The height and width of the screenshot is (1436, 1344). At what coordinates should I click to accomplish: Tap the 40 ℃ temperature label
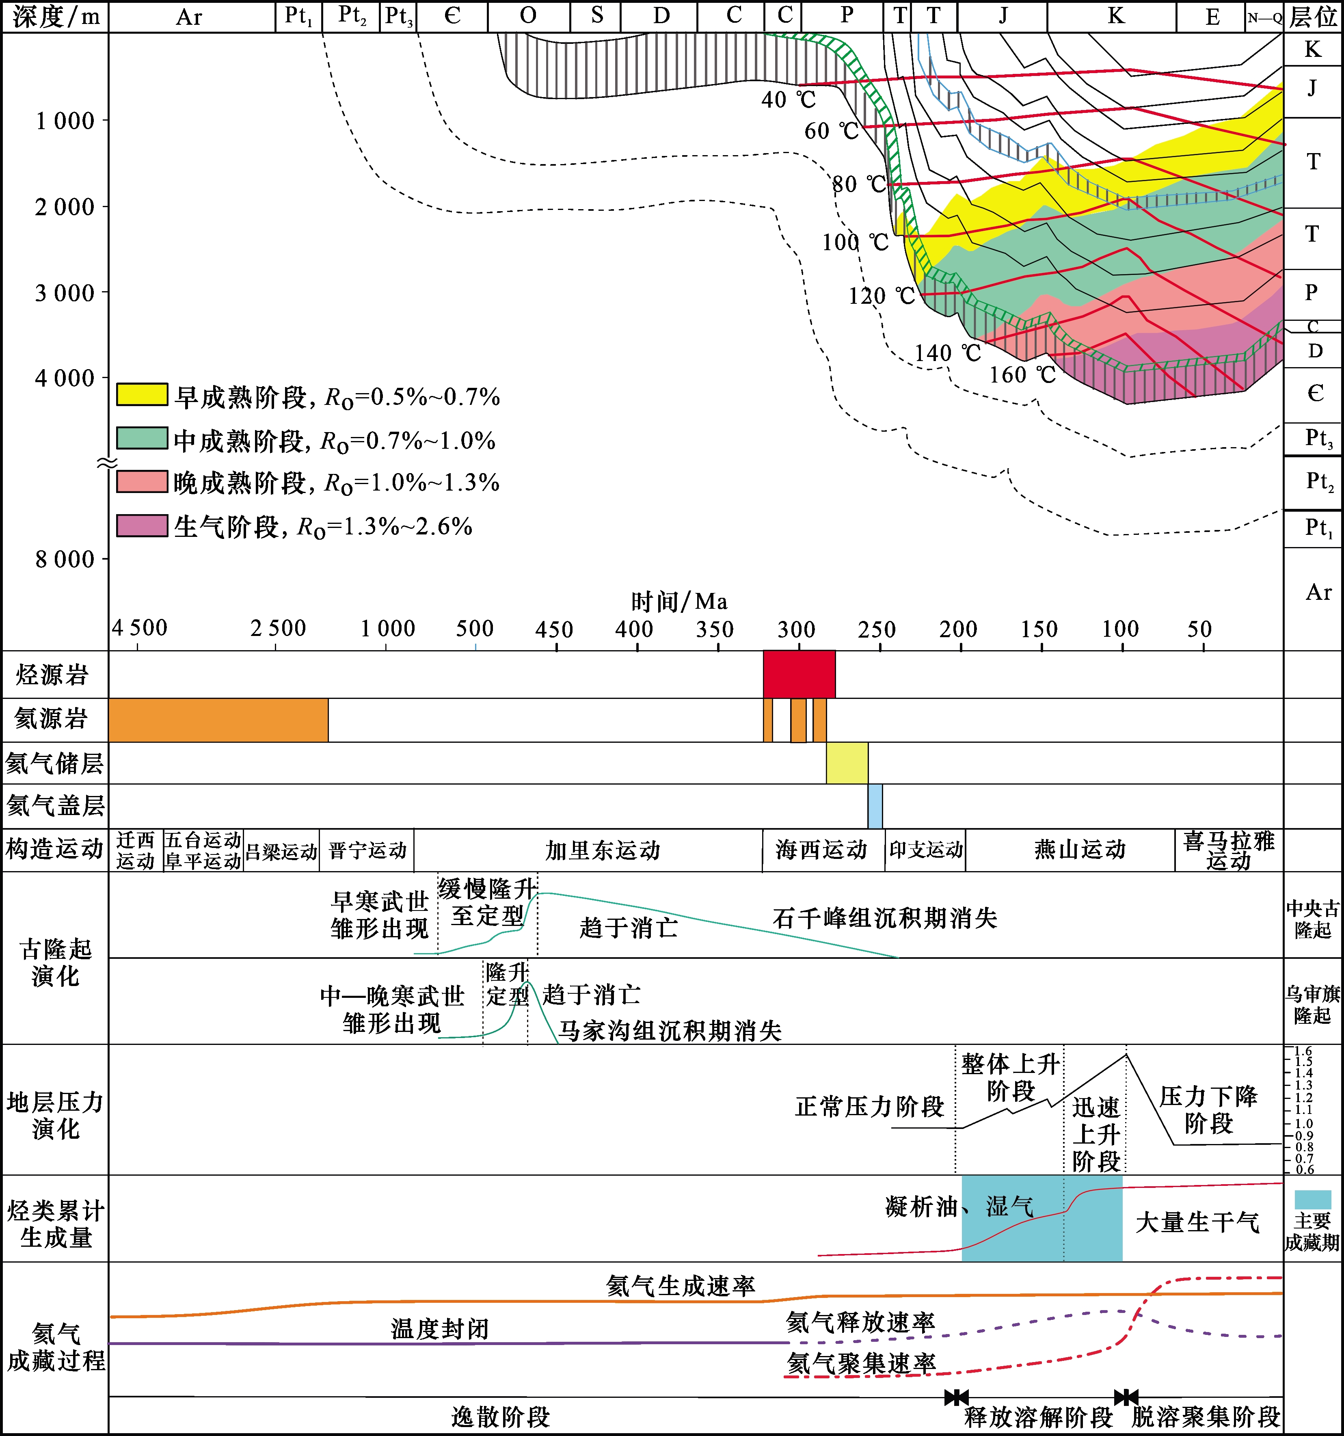click(x=788, y=99)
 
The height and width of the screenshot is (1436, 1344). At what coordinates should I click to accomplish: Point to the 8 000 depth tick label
click(x=65, y=559)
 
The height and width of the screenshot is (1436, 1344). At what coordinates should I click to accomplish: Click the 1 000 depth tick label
click(x=65, y=121)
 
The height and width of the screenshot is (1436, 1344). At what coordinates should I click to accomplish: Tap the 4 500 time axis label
click(x=139, y=628)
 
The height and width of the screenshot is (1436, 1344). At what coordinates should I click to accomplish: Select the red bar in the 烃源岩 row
click(x=799, y=674)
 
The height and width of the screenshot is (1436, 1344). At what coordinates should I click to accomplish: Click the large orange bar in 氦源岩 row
click(x=218, y=720)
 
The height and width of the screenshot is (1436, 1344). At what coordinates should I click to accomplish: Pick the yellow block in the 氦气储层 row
click(x=847, y=763)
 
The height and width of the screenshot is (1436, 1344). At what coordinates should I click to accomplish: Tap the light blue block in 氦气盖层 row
click(x=875, y=806)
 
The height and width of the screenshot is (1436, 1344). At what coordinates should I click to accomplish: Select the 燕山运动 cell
click(x=1080, y=850)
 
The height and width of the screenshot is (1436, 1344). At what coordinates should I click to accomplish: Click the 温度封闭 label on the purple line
click(x=440, y=1329)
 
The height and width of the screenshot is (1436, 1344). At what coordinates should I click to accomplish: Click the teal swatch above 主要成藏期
click(x=1312, y=1200)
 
